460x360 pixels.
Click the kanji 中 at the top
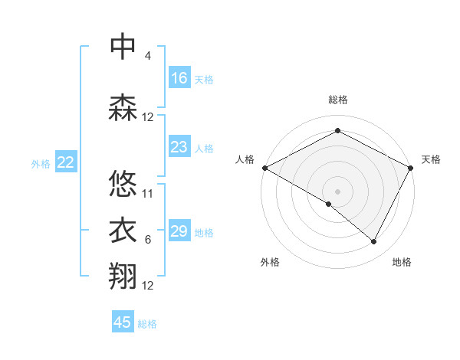123,47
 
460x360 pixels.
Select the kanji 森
123,108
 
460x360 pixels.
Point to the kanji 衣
123,231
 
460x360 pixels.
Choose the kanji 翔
123,277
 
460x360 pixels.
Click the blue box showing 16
179,78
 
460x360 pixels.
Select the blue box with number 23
179,147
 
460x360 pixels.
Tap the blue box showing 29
179,231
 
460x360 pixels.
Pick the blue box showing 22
66,162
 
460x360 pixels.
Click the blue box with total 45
123,322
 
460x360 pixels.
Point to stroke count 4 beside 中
147,56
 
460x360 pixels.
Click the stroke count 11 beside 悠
148,193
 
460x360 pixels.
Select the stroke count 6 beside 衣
147,240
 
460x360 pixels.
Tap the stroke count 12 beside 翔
148,286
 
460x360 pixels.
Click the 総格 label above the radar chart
338,100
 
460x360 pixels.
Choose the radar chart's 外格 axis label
270,262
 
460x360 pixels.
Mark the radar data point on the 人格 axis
264,168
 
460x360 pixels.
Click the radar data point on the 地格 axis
374,242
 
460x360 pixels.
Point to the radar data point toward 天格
412,168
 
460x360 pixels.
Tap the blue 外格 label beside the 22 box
41,163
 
